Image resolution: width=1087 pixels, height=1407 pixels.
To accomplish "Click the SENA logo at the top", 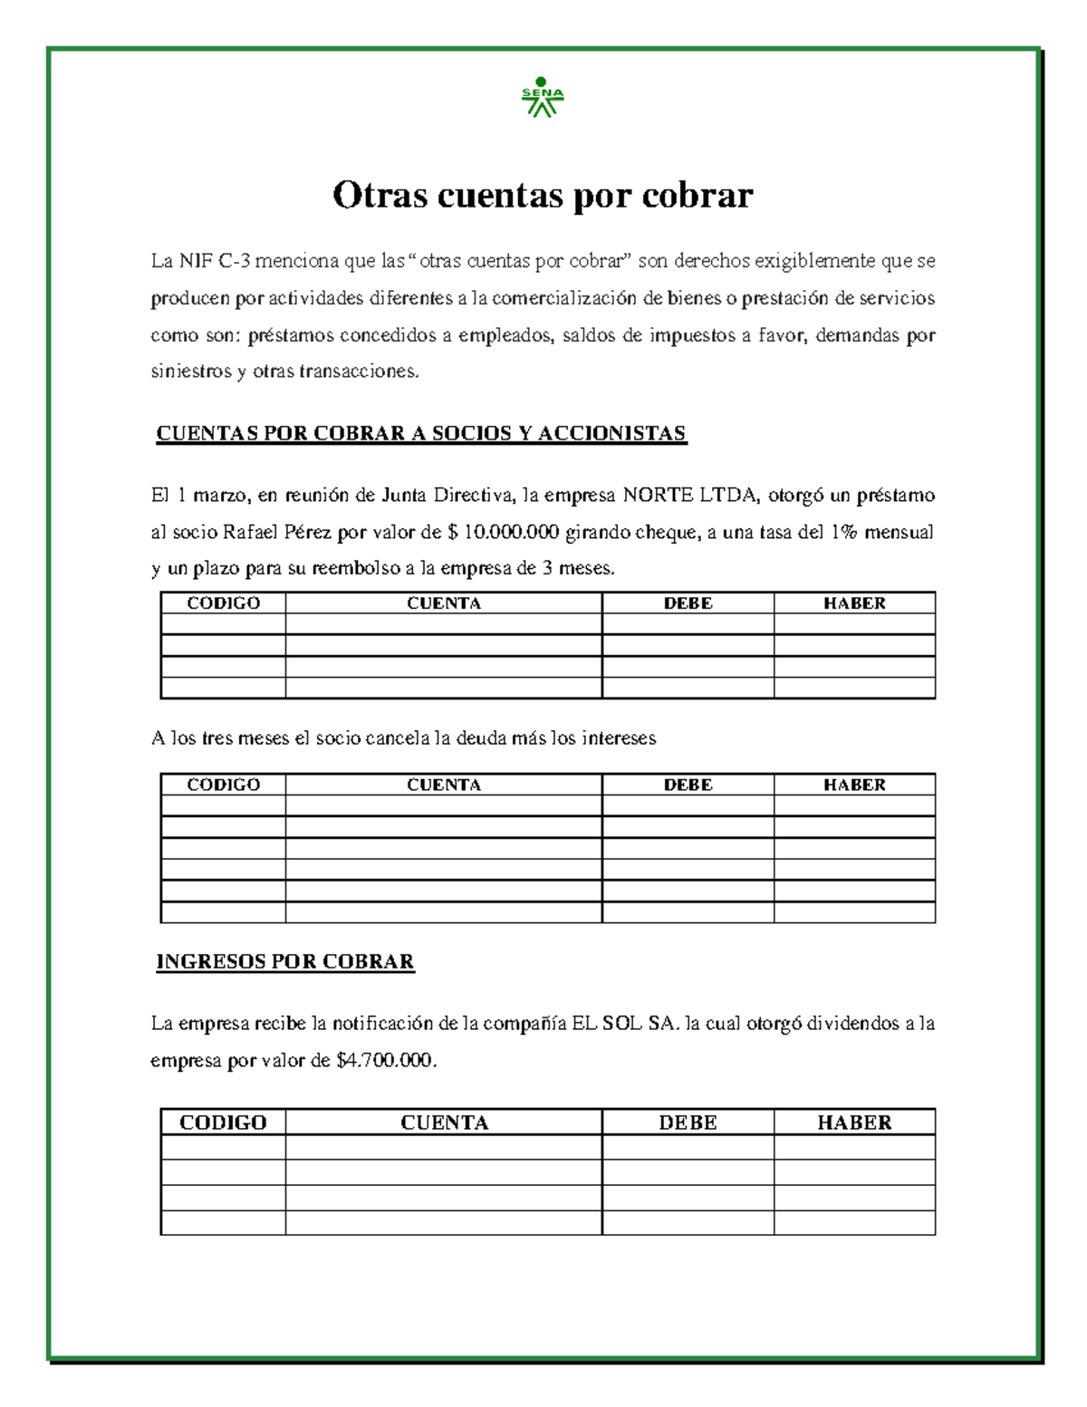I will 542,97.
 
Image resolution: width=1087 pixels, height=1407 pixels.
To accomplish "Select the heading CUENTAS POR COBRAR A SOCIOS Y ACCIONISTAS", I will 421,433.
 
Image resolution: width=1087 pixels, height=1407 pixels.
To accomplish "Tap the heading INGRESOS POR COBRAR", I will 285,961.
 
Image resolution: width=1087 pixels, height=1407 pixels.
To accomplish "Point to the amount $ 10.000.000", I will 504,532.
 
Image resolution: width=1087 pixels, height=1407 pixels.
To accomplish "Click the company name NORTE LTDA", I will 689,495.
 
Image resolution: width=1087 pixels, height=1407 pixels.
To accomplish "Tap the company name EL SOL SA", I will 624,1024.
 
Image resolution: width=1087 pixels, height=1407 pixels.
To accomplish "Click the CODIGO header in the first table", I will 223,603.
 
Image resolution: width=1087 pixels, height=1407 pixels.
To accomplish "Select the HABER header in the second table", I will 854,785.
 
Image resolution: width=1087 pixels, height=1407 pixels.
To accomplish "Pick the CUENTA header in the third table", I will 444,1123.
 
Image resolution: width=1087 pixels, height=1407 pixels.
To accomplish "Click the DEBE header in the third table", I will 688,1123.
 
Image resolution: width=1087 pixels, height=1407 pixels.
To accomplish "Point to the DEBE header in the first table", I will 688,603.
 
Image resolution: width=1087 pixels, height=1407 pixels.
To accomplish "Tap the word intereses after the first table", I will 619,738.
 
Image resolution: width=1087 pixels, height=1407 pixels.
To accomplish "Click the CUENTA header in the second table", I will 444,785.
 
